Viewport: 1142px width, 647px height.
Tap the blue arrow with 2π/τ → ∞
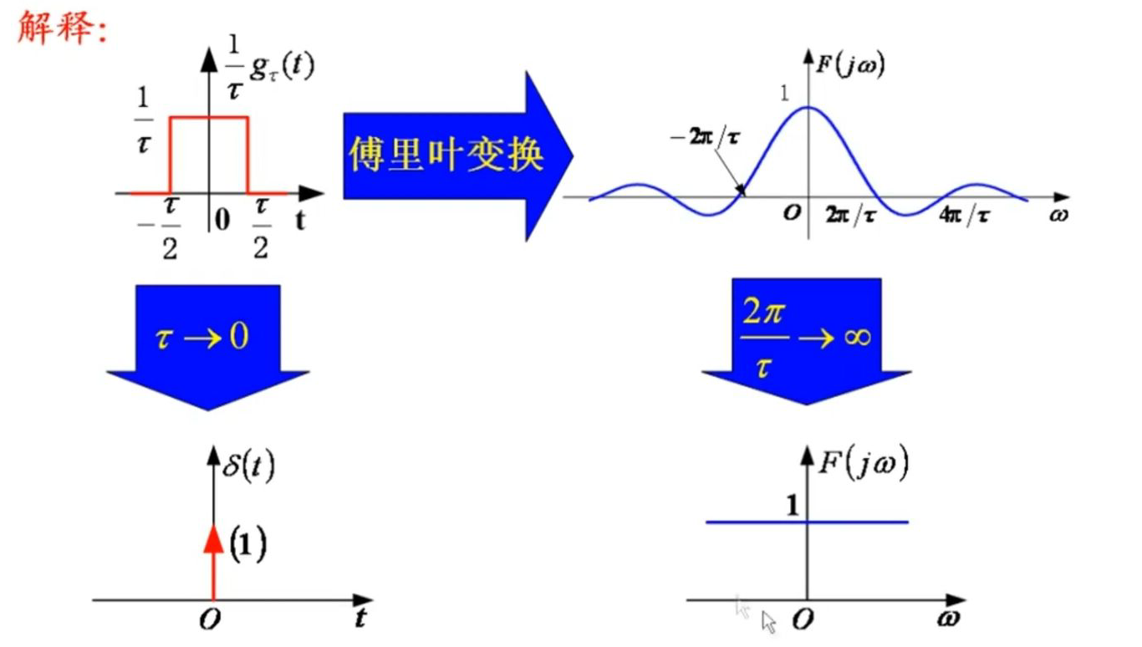[805, 339]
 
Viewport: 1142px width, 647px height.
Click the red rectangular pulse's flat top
[210, 118]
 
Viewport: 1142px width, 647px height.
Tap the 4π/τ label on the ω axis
[965, 215]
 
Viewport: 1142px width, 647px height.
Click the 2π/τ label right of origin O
[850, 215]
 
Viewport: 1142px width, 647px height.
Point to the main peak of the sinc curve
[808, 107]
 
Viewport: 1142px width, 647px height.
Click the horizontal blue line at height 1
[853, 522]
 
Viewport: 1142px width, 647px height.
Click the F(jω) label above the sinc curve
[850, 64]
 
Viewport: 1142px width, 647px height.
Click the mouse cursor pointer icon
[768, 622]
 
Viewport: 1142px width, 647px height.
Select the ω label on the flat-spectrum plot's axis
[947, 619]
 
